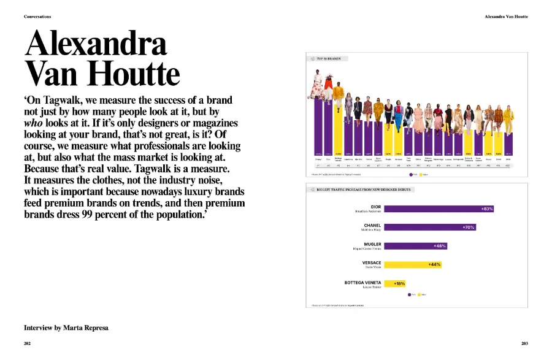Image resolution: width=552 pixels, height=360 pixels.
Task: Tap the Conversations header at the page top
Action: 37,17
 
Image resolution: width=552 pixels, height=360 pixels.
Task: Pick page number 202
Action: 28,343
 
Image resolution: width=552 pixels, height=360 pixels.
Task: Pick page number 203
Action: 524,343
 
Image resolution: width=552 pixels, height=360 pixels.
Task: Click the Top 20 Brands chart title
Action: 329,59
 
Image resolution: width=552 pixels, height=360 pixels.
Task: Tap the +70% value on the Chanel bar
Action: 469,228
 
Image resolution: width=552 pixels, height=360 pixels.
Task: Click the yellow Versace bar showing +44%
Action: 412,264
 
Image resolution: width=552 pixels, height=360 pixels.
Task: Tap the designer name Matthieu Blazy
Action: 370,230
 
